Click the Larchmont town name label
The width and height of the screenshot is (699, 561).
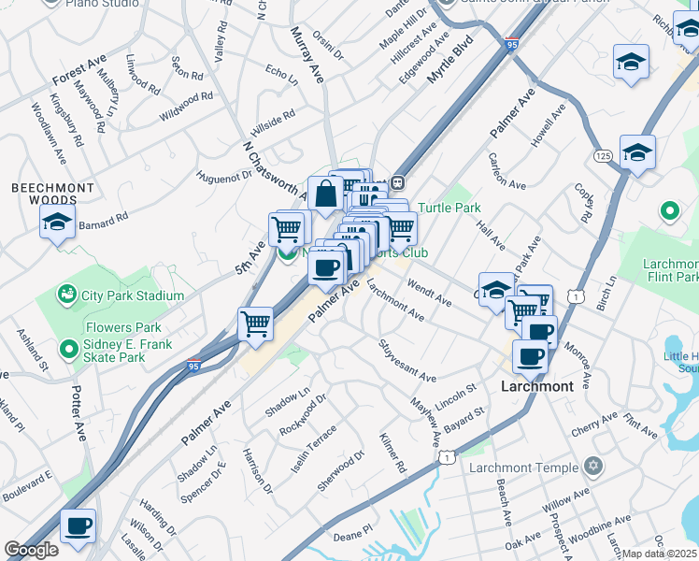tap(537, 385)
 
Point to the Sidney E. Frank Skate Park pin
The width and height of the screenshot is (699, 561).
tap(66, 350)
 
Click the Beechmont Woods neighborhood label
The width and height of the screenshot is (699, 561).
tap(53, 194)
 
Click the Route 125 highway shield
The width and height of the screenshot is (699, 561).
tap(603, 154)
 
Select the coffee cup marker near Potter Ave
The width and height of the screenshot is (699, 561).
tap(78, 525)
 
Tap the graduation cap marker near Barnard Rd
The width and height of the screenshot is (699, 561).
tap(57, 223)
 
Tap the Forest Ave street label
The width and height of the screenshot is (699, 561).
tap(79, 71)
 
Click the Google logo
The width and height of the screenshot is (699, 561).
tap(32, 550)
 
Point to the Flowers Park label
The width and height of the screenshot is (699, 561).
tap(123, 328)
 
